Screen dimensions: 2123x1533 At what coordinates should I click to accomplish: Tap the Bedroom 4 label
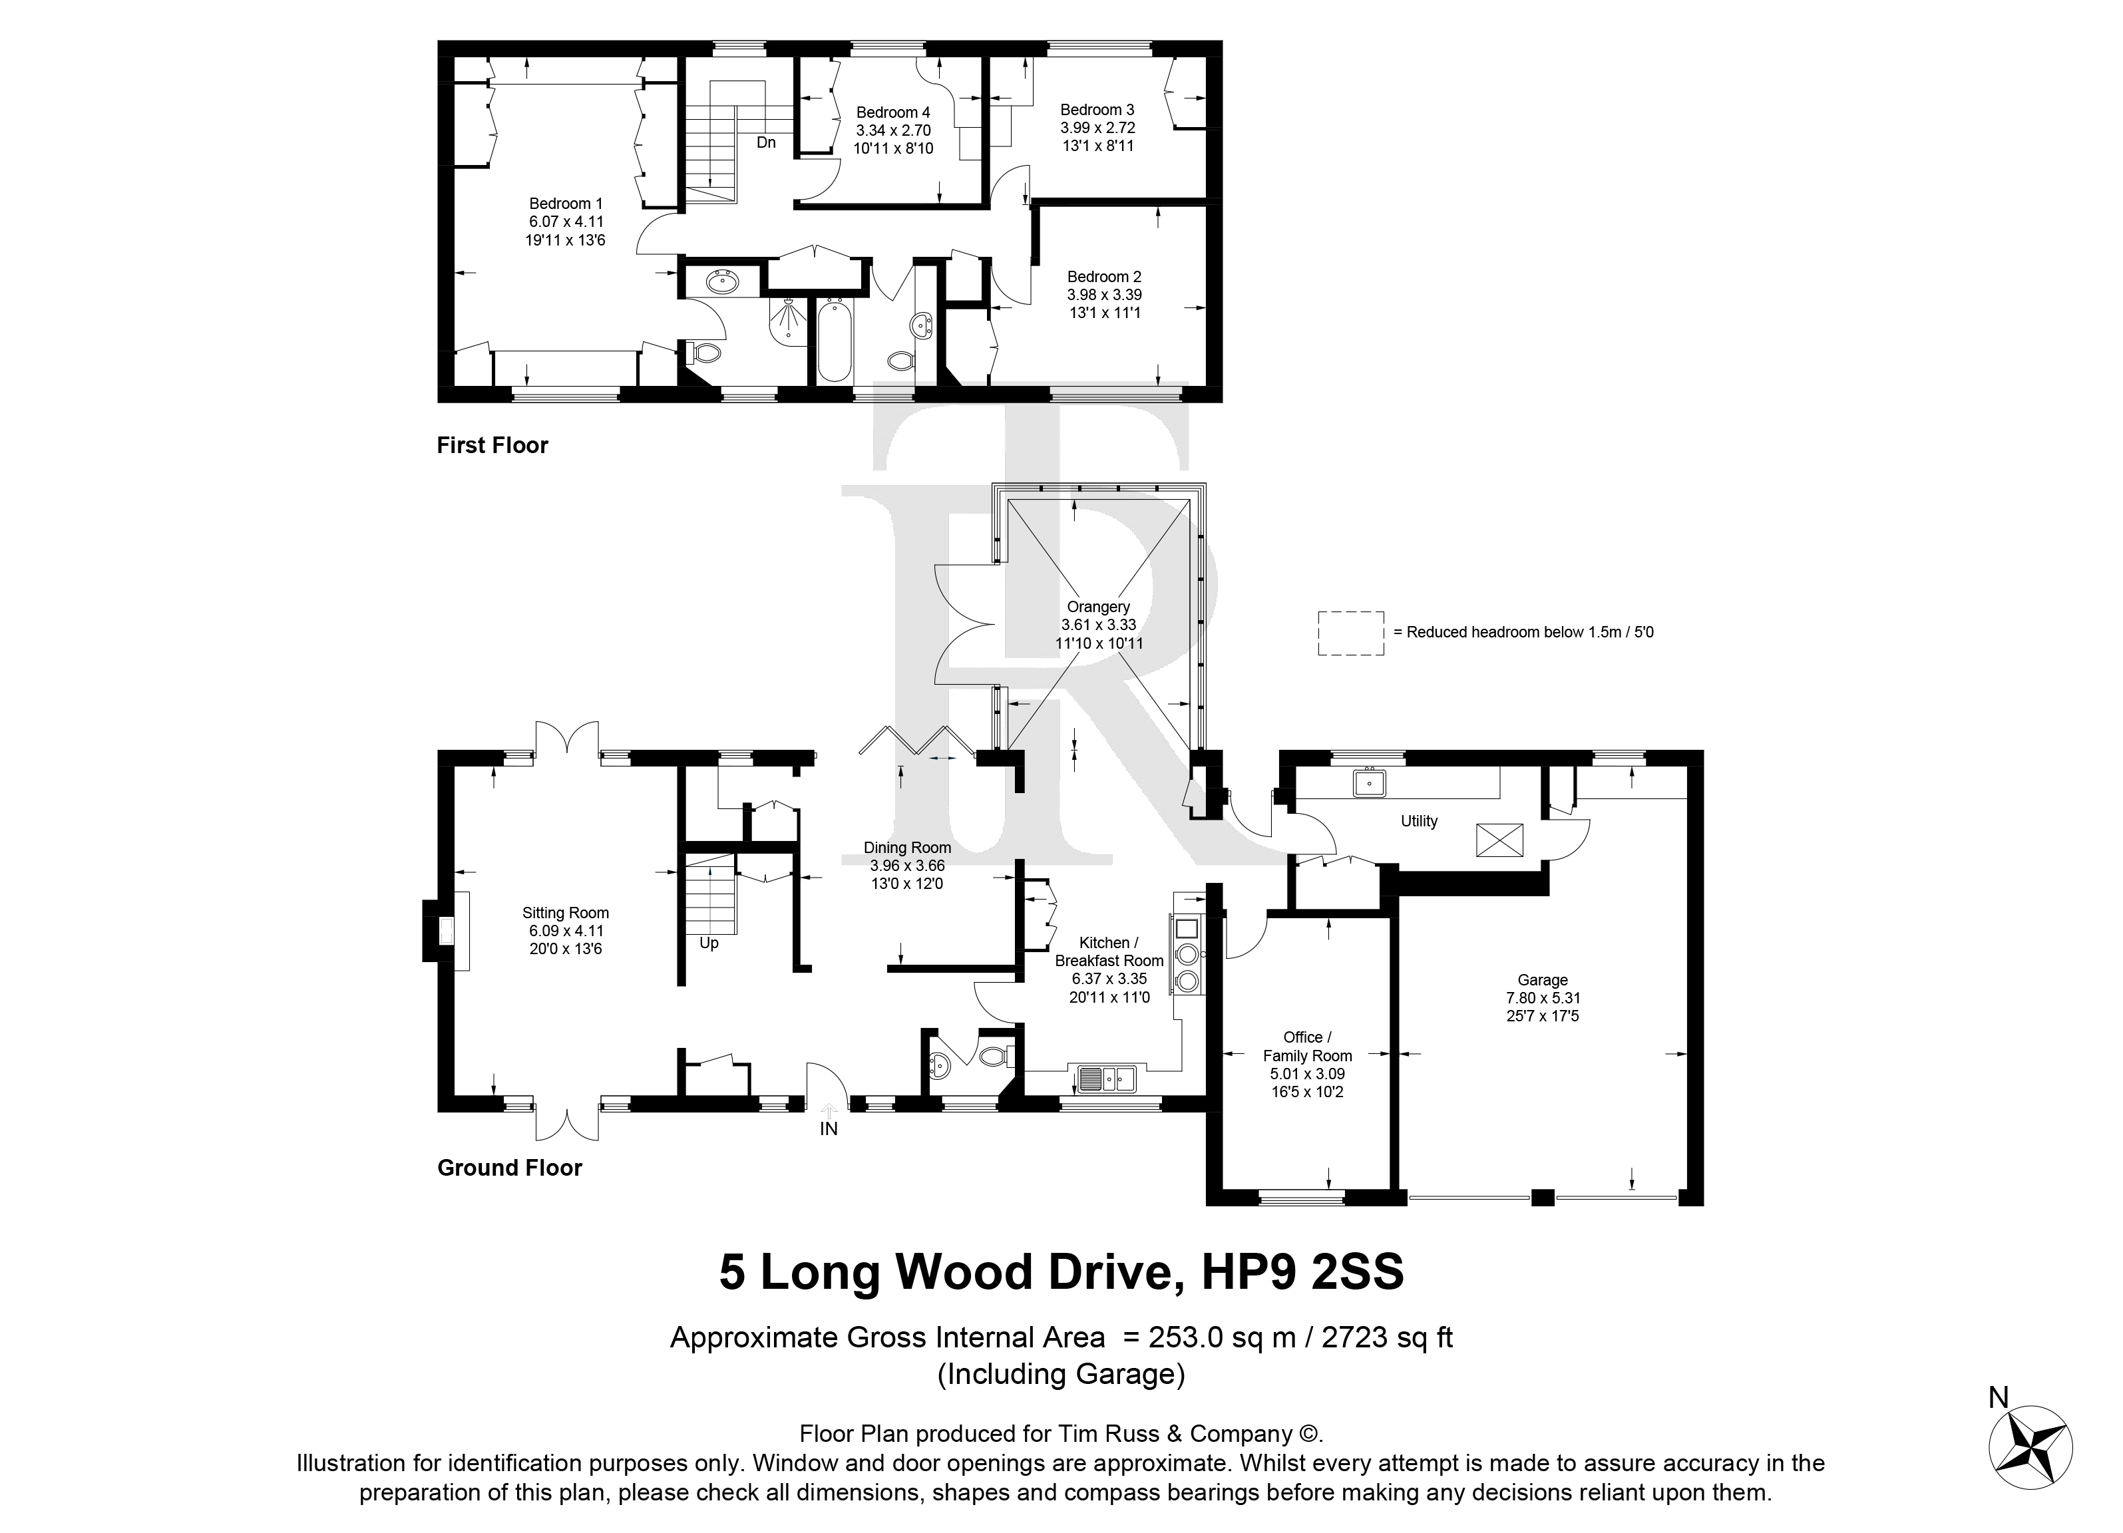coord(893,113)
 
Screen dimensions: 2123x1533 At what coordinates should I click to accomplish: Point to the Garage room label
coord(1543,980)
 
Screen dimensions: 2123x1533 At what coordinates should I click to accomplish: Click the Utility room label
coord(1419,821)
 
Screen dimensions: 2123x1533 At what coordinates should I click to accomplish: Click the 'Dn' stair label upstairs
coord(766,143)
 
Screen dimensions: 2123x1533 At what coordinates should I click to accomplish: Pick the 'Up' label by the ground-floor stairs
coord(709,943)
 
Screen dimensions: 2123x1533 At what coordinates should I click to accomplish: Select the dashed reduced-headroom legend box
coord(1351,633)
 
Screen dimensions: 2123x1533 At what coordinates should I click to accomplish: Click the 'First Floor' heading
coord(492,446)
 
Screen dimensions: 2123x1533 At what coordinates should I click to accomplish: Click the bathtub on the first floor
coord(834,341)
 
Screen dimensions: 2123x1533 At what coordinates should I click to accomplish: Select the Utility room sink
coord(1370,782)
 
